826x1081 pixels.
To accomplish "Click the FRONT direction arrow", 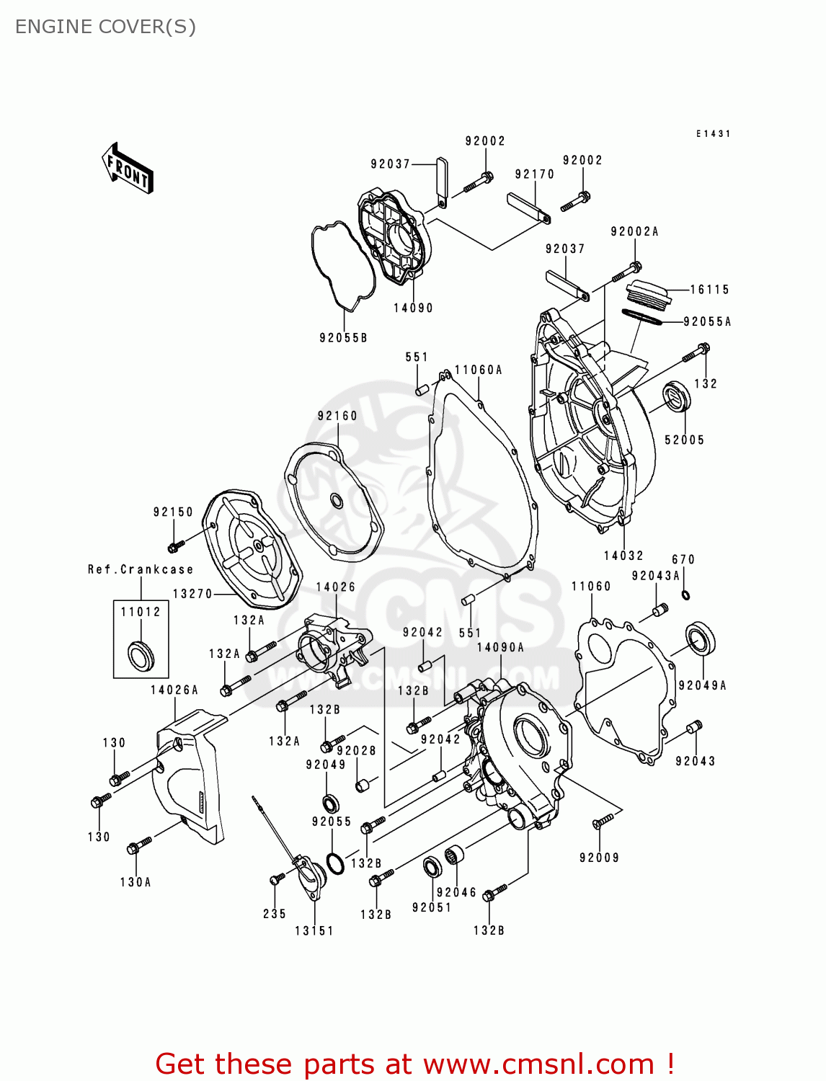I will tap(128, 168).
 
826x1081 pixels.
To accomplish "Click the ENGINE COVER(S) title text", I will tap(105, 27).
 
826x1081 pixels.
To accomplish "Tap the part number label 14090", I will tap(413, 308).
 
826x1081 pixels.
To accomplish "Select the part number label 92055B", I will tap(343, 337).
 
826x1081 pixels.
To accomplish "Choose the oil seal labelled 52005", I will tap(676, 399).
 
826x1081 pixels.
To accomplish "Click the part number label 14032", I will tap(623, 556).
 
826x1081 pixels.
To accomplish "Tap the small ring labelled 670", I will tap(685, 595).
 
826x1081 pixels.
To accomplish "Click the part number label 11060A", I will tap(478, 370).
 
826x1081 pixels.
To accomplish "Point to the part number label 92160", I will tap(337, 416).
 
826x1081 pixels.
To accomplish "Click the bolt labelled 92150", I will tap(174, 546).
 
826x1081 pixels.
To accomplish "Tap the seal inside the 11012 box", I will tap(141, 654).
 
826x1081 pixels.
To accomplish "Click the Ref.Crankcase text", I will tap(141, 569).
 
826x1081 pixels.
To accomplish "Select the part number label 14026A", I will tap(174, 690).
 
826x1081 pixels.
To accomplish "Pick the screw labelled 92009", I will tap(603, 820).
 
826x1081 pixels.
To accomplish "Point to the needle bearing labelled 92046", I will tap(453, 857).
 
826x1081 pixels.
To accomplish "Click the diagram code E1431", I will tap(713, 134).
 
